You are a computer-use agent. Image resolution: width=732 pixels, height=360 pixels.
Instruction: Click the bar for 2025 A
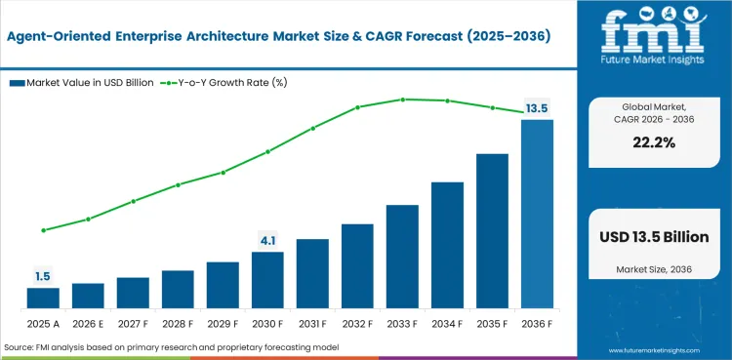click(43, 298)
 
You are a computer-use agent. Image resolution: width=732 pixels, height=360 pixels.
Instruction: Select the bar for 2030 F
click(267, 280)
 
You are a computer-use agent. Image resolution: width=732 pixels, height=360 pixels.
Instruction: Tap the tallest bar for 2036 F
click(537, 214)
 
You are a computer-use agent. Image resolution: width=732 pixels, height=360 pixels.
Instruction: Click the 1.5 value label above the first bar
click(43, 277)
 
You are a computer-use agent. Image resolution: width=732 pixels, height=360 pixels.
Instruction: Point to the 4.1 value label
click(267, 240)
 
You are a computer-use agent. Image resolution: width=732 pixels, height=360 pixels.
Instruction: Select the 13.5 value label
click(537, 108)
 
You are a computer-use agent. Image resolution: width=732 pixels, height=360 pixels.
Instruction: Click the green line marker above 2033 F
click(402, 100)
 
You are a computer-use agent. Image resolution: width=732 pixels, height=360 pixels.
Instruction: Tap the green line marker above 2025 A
click(43, 230)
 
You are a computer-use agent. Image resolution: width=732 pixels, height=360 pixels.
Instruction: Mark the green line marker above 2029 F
click(223, 173)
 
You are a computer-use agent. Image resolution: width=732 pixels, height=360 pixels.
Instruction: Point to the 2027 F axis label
click(133, 323)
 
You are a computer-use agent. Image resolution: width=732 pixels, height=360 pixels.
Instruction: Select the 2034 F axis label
click(447, 323)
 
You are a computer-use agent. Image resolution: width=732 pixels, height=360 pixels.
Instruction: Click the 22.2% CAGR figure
click(653, 142)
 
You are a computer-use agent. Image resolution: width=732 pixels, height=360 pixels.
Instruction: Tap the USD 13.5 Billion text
click(653, 237)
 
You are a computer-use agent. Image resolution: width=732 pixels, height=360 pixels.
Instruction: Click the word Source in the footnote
click(20, 347)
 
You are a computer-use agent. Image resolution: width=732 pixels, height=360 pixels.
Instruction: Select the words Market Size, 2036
click(653, 268)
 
